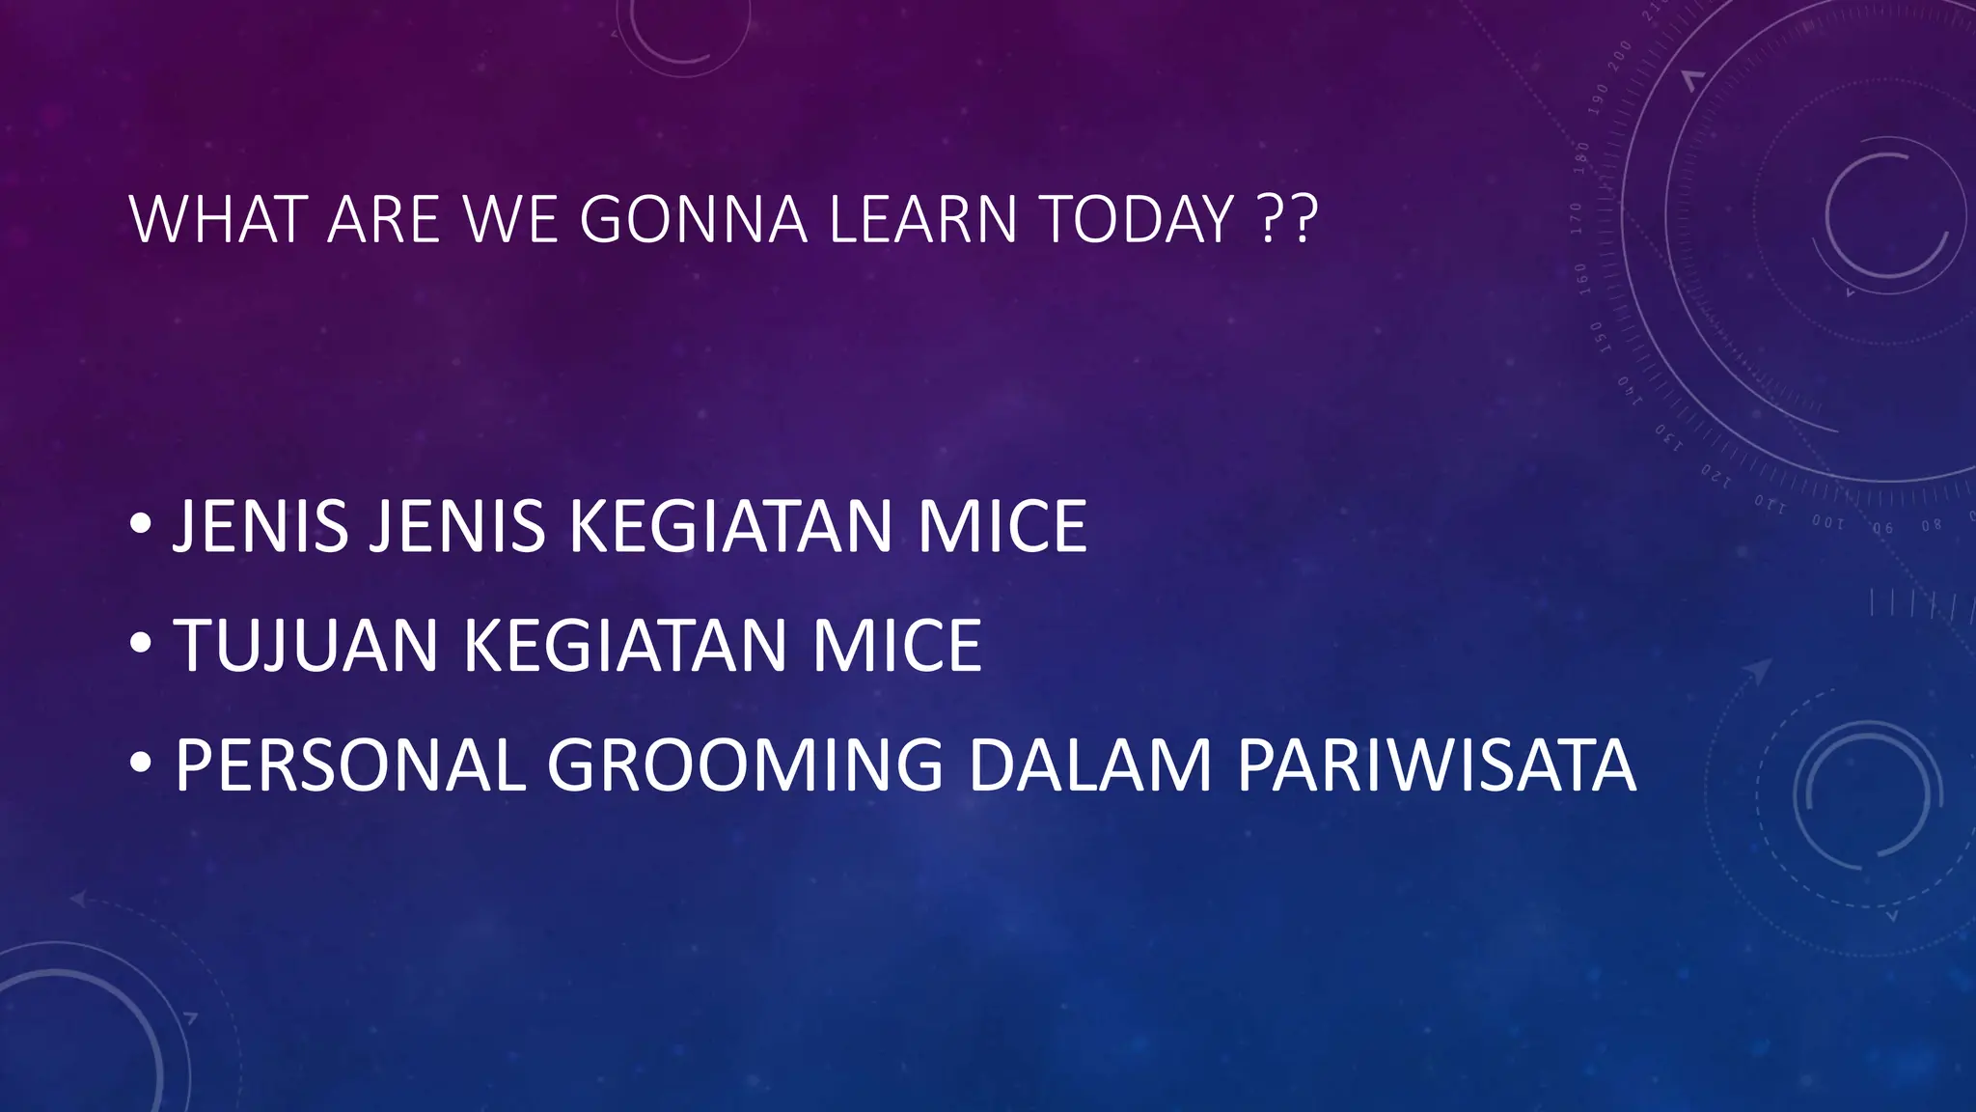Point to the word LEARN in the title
point(922,220)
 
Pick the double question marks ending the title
point(1289,220)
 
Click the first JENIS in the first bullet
point(261,527)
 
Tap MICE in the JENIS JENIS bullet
point(1002,527)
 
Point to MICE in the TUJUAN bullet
point(896,646)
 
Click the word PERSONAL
point(350,765)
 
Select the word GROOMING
point(745,765)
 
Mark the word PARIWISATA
point(1436,765)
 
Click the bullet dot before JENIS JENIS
point(141,524)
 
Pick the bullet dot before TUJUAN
point(141,643)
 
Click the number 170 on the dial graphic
point(1576,219)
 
